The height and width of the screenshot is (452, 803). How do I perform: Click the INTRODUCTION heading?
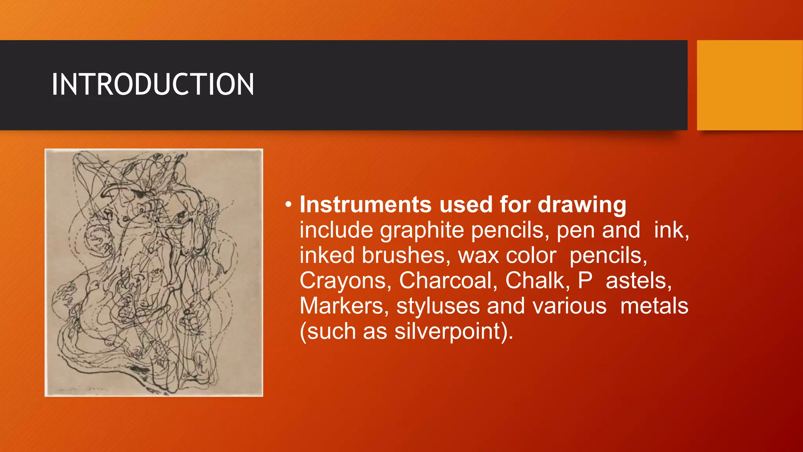(x=153, y=84)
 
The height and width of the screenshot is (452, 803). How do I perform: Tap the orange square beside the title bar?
(x=750, y=85)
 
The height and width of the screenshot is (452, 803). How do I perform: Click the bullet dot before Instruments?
(x=289, y=204)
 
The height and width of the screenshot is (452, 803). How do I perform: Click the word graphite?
(x=422, y=230)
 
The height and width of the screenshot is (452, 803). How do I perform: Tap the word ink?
(x=671, y=230)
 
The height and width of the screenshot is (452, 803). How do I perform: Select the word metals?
(x=654, y=306)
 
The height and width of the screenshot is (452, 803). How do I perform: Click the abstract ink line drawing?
(x=154, y=272)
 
